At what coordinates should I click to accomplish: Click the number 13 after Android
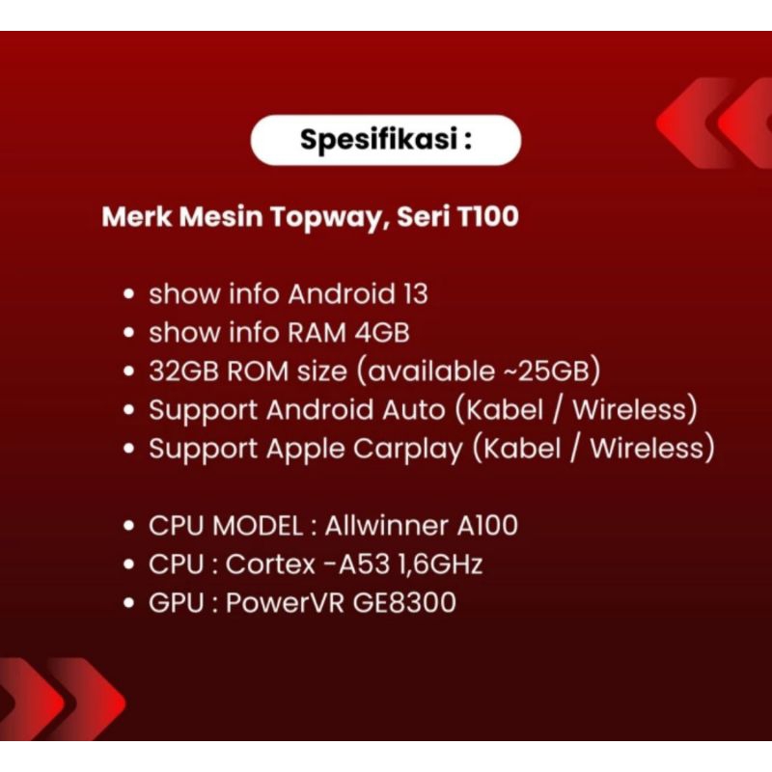(412, 294)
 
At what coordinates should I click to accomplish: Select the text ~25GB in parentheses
(556, 372)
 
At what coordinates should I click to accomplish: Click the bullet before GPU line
(129, 604)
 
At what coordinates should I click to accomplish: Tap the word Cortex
(270, 565)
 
